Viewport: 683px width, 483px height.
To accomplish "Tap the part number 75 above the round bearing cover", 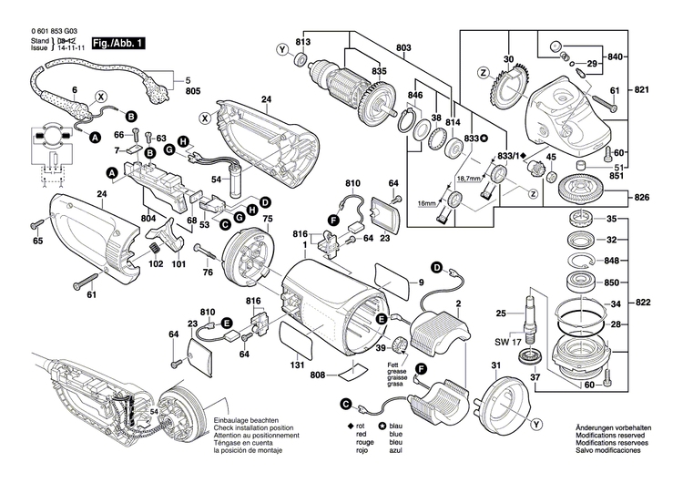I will [268, 220].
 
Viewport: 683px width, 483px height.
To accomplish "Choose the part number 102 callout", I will [156, 264].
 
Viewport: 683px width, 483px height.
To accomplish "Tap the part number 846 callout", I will [415, 95].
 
